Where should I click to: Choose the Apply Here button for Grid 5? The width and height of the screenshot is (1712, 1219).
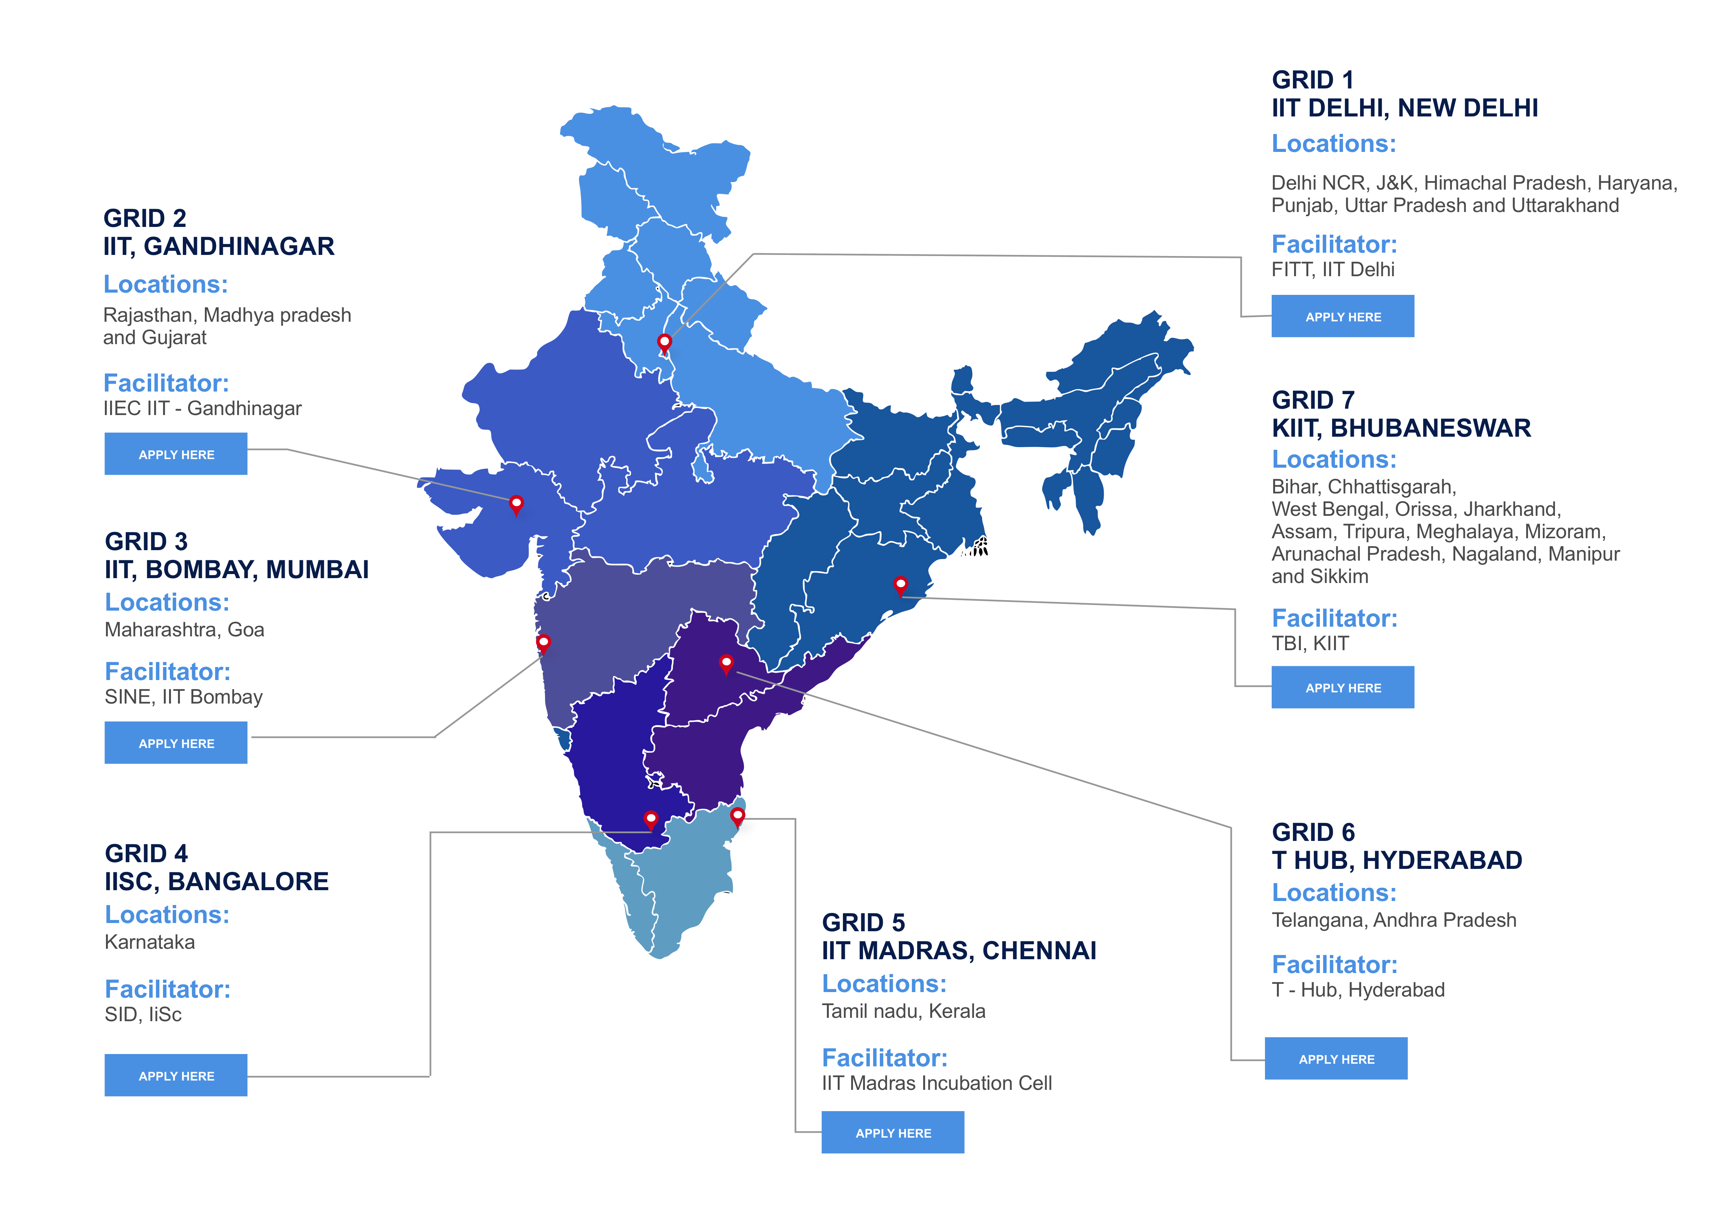click(893, 1133)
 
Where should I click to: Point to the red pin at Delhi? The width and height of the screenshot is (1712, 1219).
click(664, 342)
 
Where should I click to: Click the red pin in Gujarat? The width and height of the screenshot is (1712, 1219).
click(516, 503)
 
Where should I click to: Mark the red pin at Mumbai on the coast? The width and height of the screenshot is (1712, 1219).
click(543, 643)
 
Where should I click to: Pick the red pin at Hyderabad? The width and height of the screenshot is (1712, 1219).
click(725, 663)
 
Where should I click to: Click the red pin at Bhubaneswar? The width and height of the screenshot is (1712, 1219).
click(900, 585)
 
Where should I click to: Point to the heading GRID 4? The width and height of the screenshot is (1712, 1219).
click(146, 854)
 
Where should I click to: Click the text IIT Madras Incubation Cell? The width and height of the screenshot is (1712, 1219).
click(936, 1083)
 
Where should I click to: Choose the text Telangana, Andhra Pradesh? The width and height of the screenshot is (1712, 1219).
click(1393, 920)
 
